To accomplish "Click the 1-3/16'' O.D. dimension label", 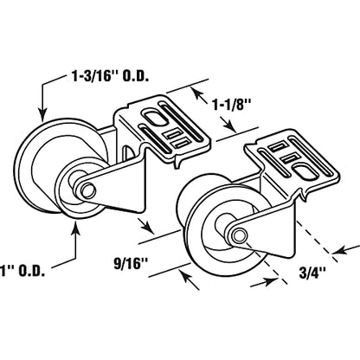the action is click(x=110, y=77).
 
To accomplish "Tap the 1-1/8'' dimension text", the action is click(x=230, y=106).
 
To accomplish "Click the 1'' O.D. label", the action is click(x=22, y=271).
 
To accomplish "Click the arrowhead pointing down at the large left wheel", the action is click(x=42, y=115).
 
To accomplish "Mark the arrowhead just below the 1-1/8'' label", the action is click(x=230, y=125).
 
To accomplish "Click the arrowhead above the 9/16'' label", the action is click(x=149, y=227).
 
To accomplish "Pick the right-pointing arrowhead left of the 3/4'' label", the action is click(x=271, y=280).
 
